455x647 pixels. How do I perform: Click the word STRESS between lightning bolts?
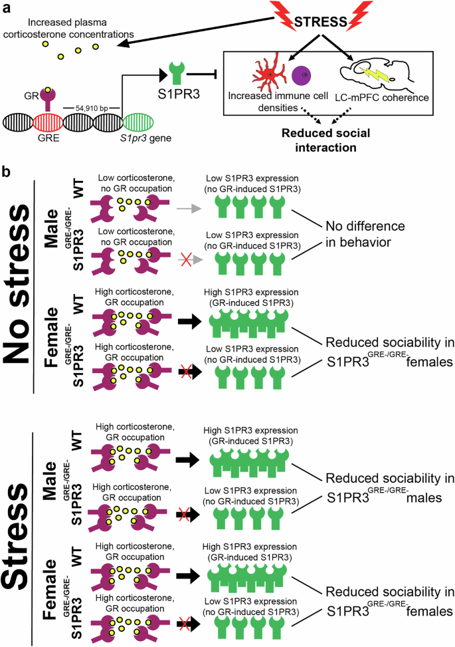click(321, 22)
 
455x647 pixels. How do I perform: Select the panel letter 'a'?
click(7, 7)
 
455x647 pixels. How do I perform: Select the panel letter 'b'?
click(7, 172)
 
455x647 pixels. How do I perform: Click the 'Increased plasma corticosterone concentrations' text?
click(74, 26)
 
